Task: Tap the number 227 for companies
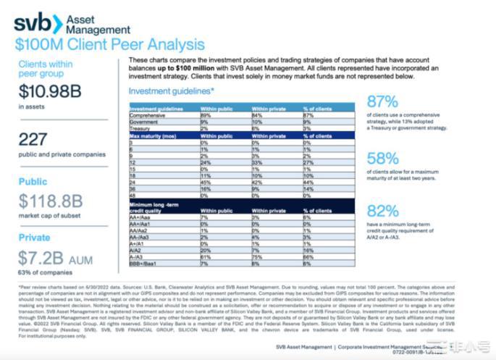34,140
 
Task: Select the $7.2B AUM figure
50,259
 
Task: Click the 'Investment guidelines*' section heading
171,91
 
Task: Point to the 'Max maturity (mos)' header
154,135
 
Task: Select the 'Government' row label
145,122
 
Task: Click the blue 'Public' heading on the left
33,183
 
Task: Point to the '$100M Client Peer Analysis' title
109,45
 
